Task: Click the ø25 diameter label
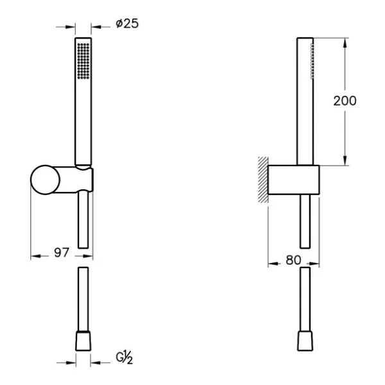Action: coord(127,24)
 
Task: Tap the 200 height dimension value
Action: coord(345,101)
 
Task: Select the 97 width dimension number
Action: coord(62,253)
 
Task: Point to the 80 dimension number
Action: coord(293,260)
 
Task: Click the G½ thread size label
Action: coord(124,357)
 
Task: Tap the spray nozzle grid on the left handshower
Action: coord(83,61)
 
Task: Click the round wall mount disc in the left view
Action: coord(45,180)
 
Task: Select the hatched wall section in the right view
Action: coord(263,180)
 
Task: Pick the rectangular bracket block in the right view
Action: coord(294,180)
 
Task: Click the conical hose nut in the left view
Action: coord(83,341)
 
